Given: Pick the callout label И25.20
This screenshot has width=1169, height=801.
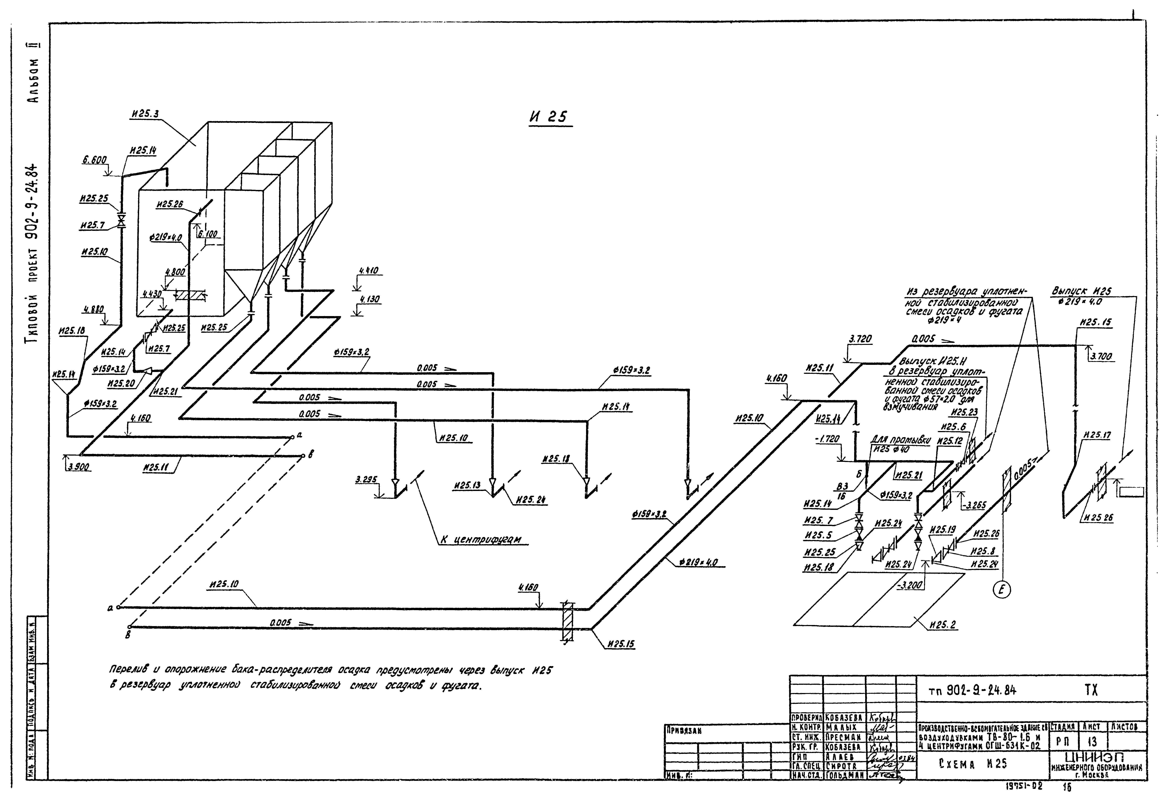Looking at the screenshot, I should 121,383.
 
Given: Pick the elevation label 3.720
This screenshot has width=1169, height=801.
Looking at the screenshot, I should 860,340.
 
